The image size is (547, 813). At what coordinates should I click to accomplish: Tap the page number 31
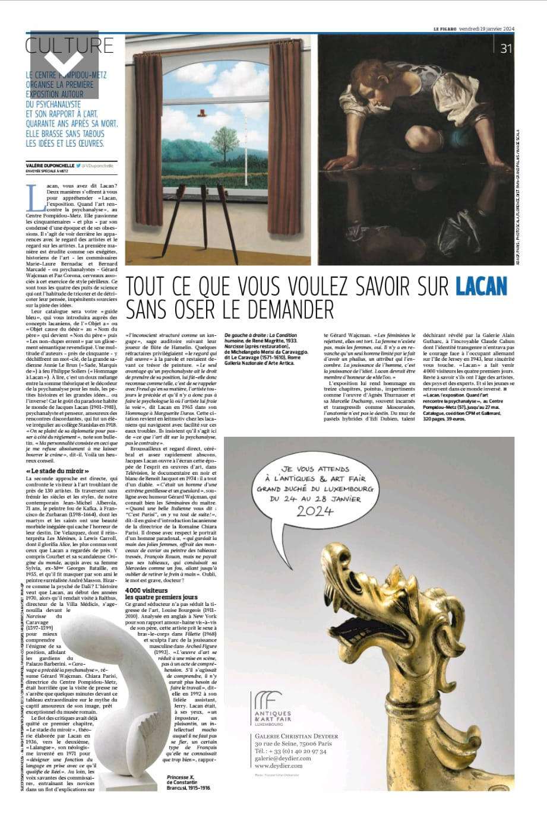(x=507, y=49)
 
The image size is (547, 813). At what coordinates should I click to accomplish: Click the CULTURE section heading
(x=69, y=46)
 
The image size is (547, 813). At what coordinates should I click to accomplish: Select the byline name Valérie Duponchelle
(x=50, y=166)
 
